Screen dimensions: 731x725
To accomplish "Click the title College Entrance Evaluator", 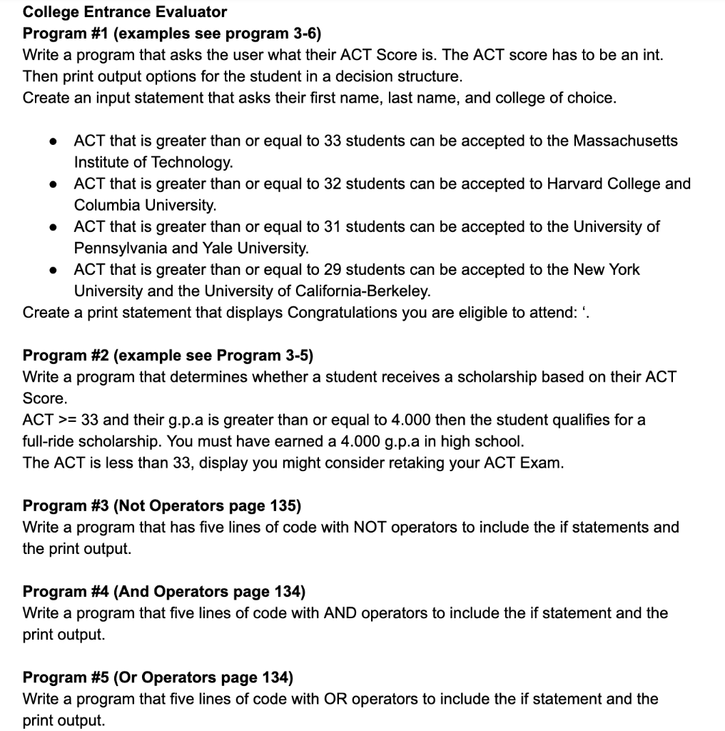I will point(125,12).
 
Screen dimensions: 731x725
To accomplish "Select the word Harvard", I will point(574,183).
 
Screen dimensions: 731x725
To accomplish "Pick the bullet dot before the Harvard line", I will point(53,184).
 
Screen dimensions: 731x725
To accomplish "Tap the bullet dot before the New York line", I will point(53,270).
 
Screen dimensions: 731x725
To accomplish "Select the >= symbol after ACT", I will point(66,420).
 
